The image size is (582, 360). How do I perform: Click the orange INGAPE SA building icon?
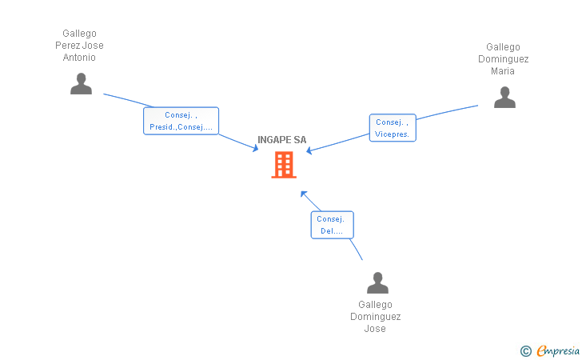[x=284, y=164]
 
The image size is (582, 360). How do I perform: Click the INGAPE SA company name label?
[x=281, y=140]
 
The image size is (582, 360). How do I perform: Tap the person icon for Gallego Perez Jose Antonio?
[x=81, y=83]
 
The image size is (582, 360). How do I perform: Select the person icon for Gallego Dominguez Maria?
[x=504, y=97]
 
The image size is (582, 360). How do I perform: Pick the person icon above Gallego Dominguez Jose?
[x=377, y=282]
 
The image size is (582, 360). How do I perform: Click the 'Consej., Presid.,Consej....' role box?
[x=181, y=121]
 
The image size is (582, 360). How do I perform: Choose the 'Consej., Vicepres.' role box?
[x=392, y=128]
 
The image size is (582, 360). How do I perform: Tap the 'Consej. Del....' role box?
[x=332, y=225]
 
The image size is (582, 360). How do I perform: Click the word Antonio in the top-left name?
[x=79, y=58]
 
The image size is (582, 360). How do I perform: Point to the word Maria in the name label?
[x=503, y=71]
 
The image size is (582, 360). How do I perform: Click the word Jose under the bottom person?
[x=375, y=329]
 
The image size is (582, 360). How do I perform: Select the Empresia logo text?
[x=558, y=350]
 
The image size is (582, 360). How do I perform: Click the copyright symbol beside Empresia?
[x=525, y=350]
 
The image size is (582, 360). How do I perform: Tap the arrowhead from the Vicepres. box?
[x=310, y=150]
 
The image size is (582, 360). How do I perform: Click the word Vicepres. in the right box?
[x=392, y=134]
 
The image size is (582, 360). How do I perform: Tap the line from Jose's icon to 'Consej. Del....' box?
[x=357, y=250]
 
